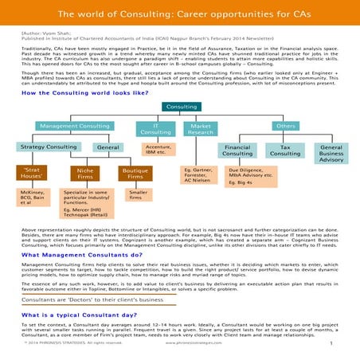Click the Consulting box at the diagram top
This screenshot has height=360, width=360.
point(181,107)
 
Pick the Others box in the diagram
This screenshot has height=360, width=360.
point(284,127)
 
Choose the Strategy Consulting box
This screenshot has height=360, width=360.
point(44,147)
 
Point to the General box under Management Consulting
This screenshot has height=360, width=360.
point(107,147)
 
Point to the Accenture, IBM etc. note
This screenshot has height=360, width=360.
point(159,150)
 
